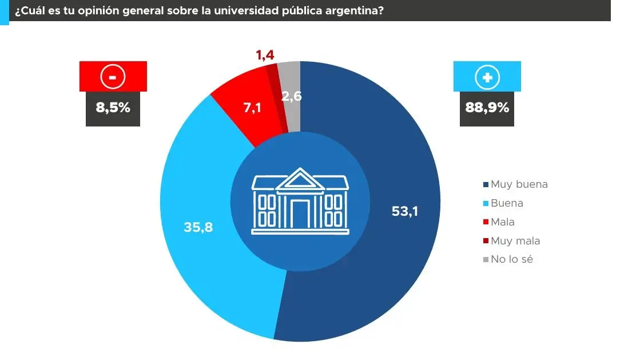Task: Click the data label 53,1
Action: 405,211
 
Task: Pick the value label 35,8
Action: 198,227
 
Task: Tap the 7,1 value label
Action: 252,107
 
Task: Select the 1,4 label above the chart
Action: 265,55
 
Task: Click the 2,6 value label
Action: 292,97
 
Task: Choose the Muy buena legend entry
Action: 516,184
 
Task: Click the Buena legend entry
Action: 504,203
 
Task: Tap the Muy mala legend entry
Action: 512,241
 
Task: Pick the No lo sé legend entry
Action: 508,259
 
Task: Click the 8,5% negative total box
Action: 113,107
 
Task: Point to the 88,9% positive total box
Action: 487,107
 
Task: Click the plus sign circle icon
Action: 487,77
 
